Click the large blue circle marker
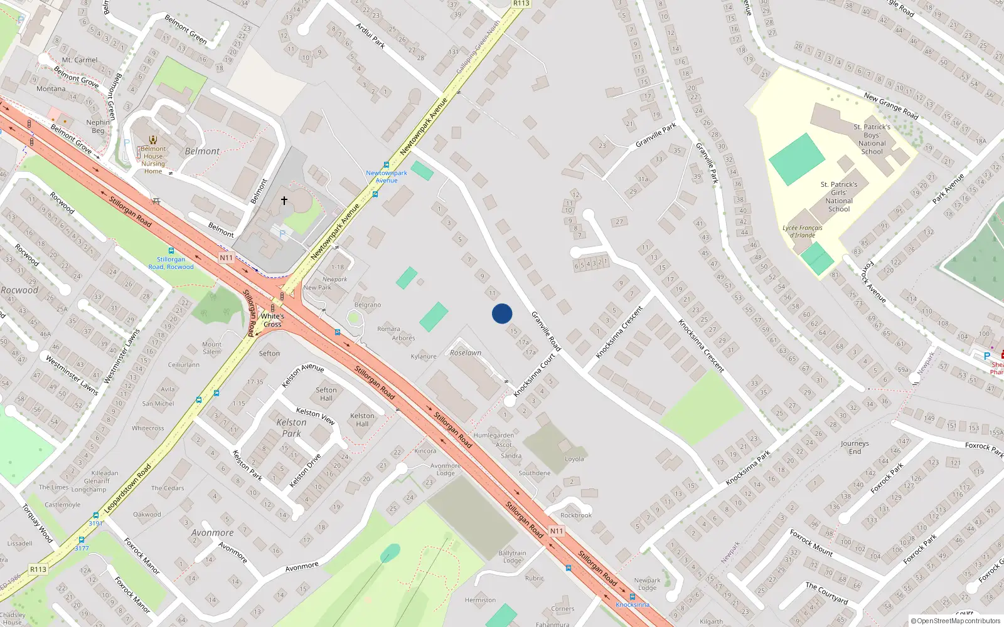click(502, 313)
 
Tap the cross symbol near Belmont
click(284, 201)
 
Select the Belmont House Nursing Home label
click(153, 159)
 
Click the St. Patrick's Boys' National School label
click(872, 139)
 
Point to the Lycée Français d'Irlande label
click(803, 231)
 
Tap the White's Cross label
click(272, 320)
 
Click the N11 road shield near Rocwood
click(226, 258)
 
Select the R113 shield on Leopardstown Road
click(38, 569)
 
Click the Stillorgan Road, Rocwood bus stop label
click(171, 263)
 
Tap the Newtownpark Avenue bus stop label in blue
click(387, 176)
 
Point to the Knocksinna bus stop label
click(633, 604)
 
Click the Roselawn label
click(466, 353)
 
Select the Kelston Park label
click(292, 428)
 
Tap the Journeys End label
click(855, 447)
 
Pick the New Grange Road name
click(891, 106)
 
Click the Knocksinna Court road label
click(535, 375)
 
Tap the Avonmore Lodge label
click(446, 470)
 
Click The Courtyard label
click(826, 593)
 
